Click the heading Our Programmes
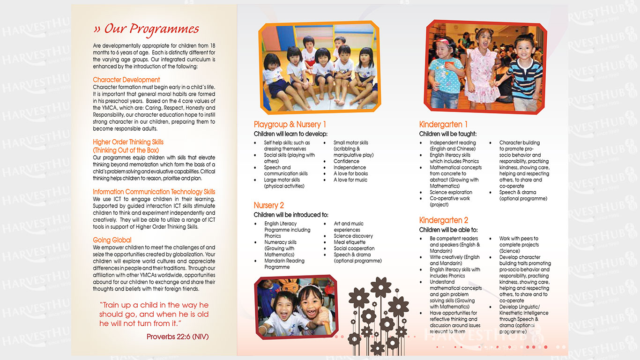(x=146, y=29)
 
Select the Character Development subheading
(x=126, y=80)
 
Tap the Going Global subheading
(x=112, y=240)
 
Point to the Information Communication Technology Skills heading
(x=154, y=192)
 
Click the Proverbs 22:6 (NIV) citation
(x=178, y=337)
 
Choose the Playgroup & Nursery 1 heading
(x=290, y=124)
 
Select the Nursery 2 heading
(x=268, y=205)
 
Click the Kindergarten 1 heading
(x=443, y=124)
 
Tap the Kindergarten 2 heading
(x=443, y=220)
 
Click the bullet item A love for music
(x=350, y=180)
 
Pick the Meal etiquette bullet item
(x=350, y=242)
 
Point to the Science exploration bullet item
(x=451, y=192)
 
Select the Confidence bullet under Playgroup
(x=346, y=161)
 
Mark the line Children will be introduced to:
(x=291, y=215)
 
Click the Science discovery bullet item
(x=353, y=236)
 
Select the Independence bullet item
(x=350, y=167)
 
